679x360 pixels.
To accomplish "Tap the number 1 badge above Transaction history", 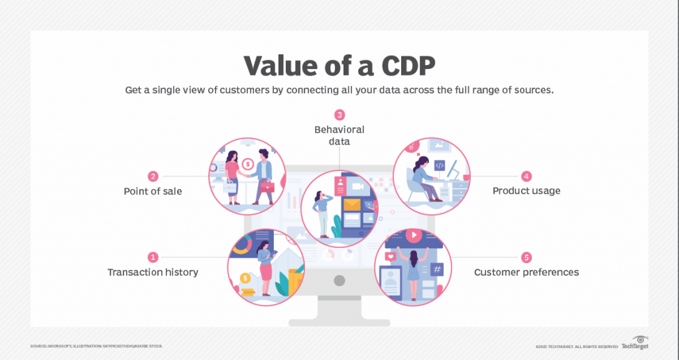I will coord(153,257).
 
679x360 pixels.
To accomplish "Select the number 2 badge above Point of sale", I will coord(153,176).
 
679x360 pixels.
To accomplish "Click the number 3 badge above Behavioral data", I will coord(339,115).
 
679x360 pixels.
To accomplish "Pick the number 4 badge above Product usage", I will coord(526,176).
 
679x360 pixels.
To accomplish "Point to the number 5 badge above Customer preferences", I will coord(526,257).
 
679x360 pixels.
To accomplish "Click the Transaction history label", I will coord(153,272).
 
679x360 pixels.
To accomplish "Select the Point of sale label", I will coord(153,192).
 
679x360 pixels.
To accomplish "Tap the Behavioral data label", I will coord(339,135).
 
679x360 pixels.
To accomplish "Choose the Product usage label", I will coord(526,192).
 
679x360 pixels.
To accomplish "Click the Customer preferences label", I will coord(526,272).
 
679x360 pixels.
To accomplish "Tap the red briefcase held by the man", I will coord(267,187).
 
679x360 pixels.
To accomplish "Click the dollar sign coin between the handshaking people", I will coord(247,164).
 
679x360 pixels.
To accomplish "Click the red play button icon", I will coord(414,235).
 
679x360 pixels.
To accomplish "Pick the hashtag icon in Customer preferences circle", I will coord(436,269).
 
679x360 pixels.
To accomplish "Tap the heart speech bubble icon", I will coord(391,255).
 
